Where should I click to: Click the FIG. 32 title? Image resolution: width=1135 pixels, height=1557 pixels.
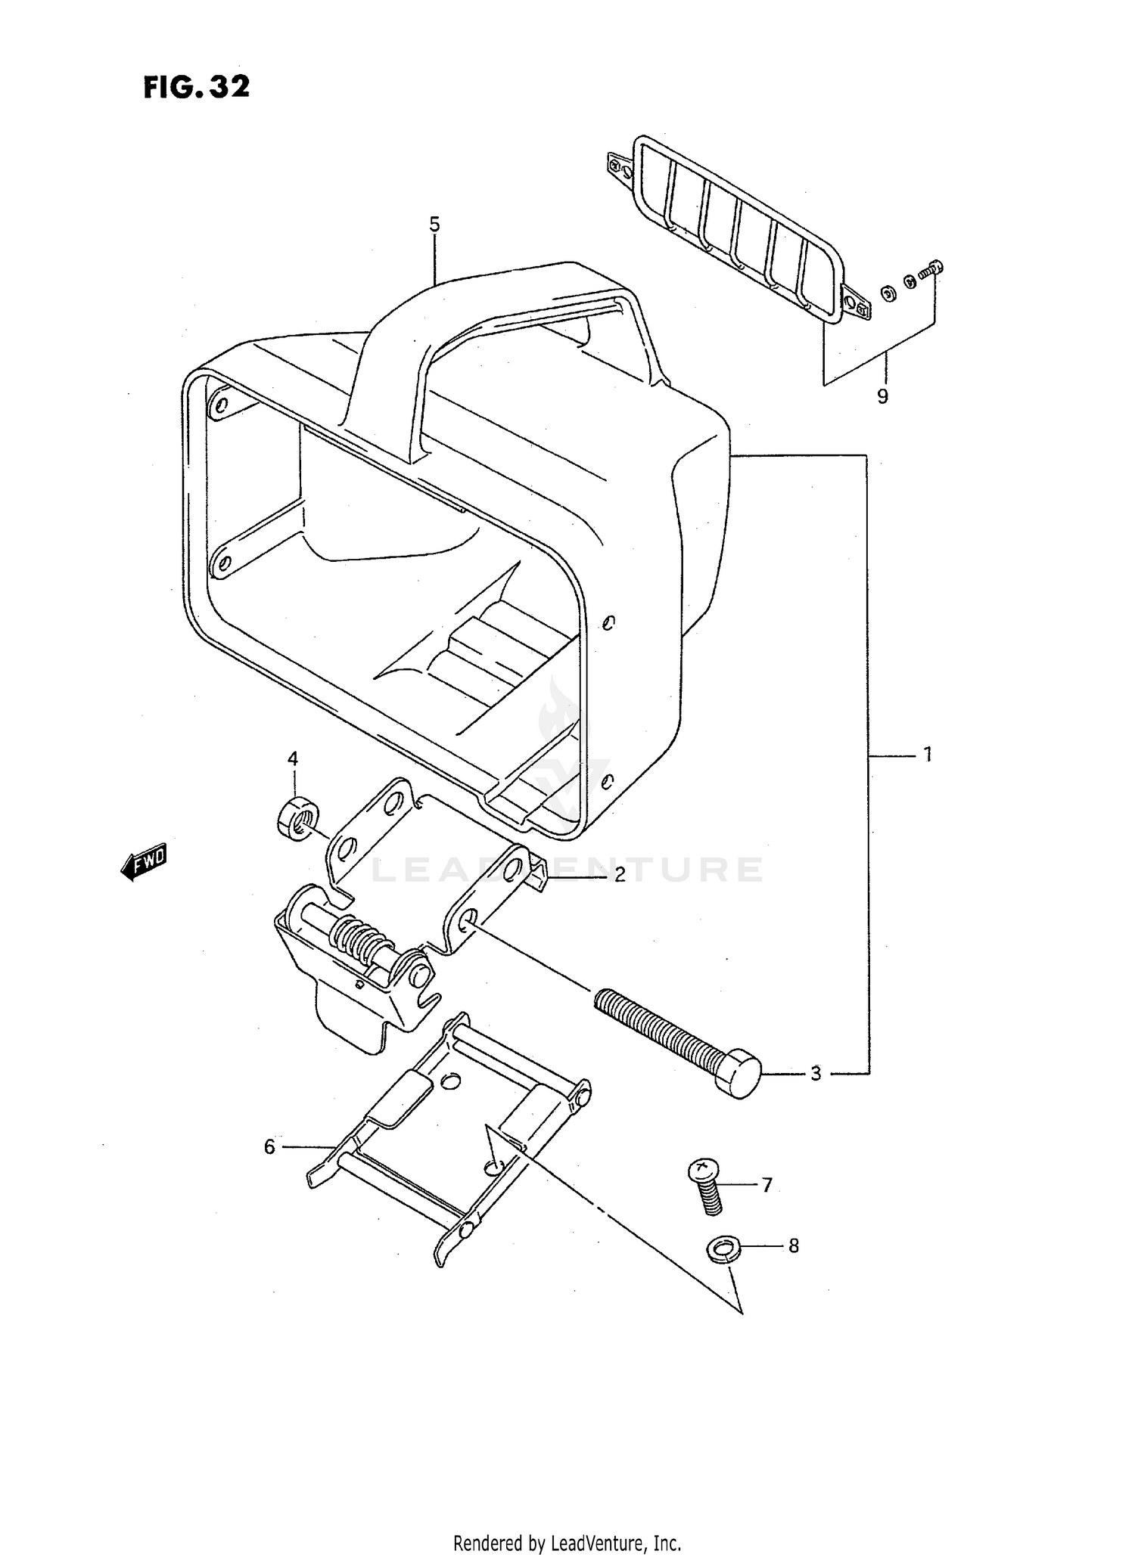point(196,87)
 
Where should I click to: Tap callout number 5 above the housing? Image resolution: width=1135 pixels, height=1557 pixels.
point(434,224)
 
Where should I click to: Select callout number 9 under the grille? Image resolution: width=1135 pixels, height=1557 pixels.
point(882,395)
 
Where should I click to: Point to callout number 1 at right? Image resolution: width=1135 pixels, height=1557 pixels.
point(927,754)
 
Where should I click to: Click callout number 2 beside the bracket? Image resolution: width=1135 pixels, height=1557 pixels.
point(620,875)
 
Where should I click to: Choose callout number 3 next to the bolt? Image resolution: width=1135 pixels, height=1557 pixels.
point(816,1073)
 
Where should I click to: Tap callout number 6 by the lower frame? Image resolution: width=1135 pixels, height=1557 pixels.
point(269,1147)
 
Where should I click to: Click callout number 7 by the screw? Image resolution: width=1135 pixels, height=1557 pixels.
point(767,1185)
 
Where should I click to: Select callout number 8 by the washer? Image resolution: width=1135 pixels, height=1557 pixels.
point(793,1245)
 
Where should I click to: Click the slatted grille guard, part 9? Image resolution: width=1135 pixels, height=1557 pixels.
point(738,231)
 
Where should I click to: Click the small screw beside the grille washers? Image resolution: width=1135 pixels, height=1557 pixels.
point(930,269)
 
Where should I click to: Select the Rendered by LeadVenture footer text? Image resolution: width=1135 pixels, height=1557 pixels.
point(567,1543)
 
